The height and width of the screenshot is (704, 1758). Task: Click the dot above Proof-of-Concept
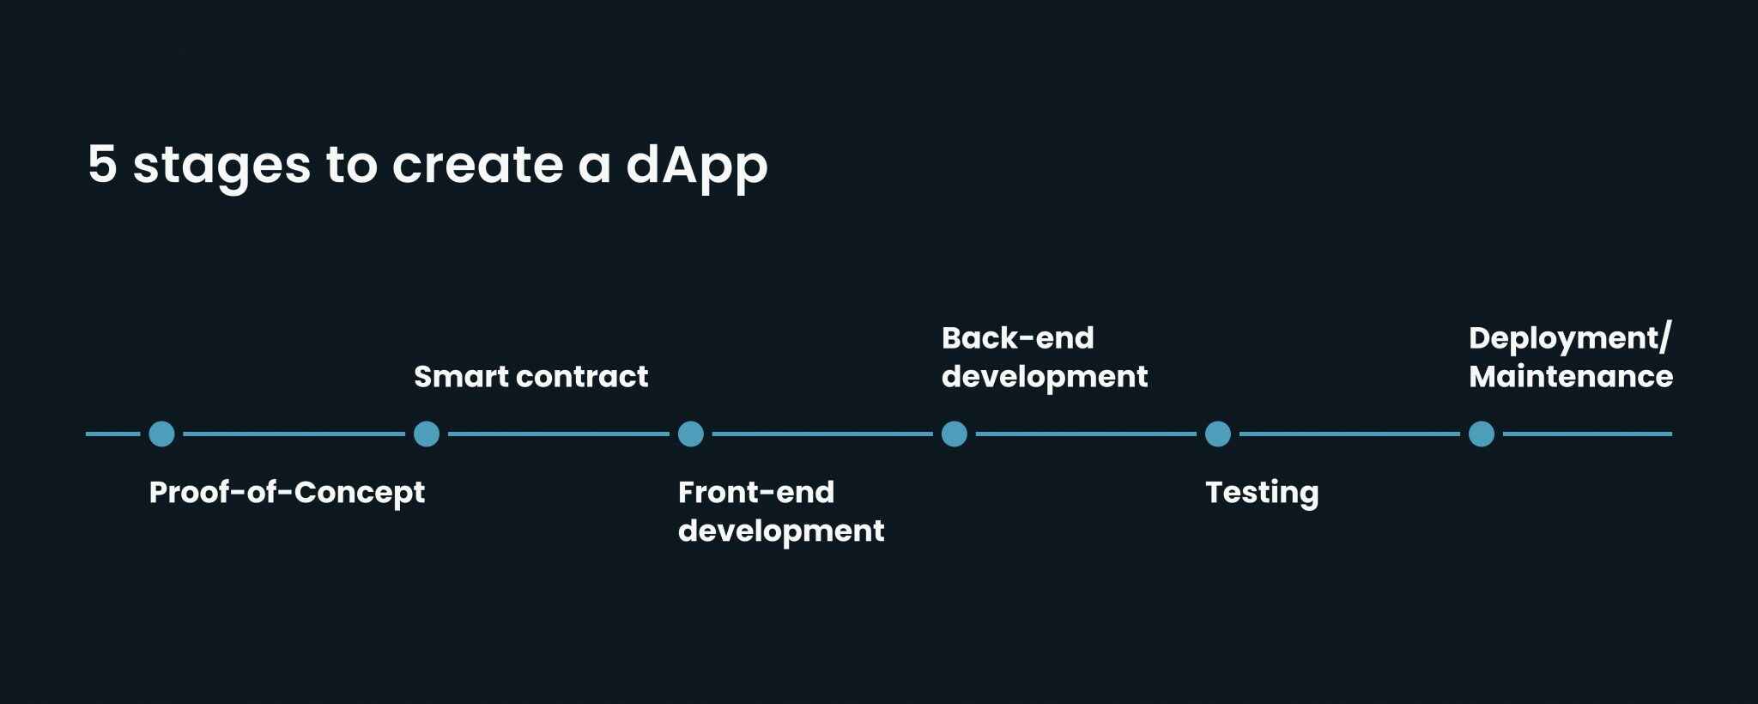[161, 434]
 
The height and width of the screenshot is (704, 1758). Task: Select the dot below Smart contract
[427, 434]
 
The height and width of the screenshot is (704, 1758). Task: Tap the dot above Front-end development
[691, 434]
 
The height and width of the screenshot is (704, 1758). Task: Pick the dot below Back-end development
[955, 434]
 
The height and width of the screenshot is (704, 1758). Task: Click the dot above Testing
[1218, 434]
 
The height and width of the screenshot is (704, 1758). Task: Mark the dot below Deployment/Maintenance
[1482, 434]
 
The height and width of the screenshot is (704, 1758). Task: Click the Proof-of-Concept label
[287, 493]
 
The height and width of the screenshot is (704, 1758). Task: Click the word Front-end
[755, 493]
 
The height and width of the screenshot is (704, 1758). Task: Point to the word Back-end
[1017, 338]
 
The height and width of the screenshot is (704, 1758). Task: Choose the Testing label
[1261, 493]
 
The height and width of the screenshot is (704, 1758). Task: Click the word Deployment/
[1570, 338]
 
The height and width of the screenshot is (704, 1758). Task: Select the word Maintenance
[1570, 377]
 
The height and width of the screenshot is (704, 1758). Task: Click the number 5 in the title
[102, 164]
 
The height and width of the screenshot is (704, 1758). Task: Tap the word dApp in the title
[696, 164]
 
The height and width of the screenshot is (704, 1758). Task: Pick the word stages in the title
[221, 164]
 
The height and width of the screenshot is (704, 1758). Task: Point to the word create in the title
[477, 164]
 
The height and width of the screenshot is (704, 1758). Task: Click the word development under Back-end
[1044, 377]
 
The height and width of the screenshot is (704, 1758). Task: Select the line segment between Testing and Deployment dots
[1349, 434]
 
